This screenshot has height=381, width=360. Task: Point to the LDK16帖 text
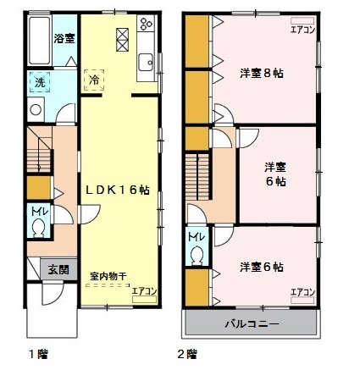click(x=117, y=192)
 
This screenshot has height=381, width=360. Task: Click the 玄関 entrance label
click(x=58, y=270)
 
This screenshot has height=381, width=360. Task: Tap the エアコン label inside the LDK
click(x=145, y=291)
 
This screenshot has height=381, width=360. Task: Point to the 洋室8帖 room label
click(x=261, y=73)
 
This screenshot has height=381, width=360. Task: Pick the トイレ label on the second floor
click(x=195, y=236)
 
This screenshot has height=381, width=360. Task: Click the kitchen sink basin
click(x=145, y=61)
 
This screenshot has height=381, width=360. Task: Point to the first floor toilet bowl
click(x=40, y=229)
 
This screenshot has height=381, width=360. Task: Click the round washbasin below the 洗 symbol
click(x=36, y=109)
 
